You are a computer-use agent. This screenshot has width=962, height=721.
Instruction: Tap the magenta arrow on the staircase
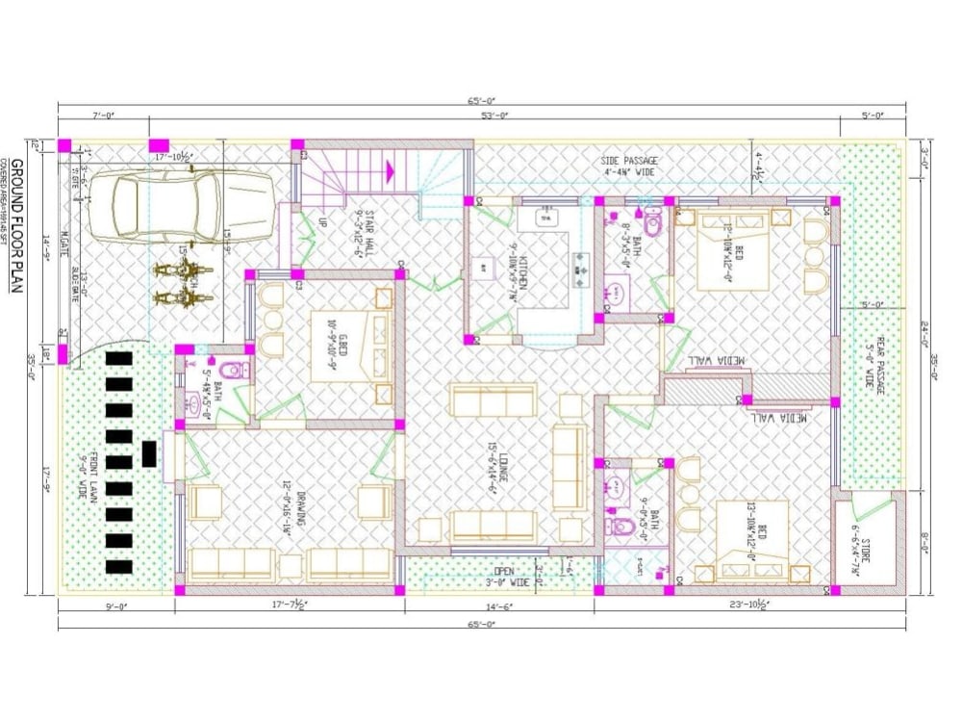391,171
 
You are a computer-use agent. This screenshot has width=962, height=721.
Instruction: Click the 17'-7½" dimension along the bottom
290,606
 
